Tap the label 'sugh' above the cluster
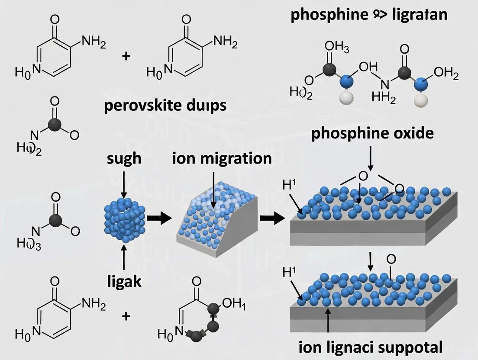pos(124,158)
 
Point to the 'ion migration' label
pos(222,158)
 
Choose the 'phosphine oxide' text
pos(372,133)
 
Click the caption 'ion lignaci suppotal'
pos(371,347)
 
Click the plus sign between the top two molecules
pos(126,56)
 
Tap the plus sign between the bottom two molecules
pos(126,316)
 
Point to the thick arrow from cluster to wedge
pos(158,219)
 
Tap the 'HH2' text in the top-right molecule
pos(384,98)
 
